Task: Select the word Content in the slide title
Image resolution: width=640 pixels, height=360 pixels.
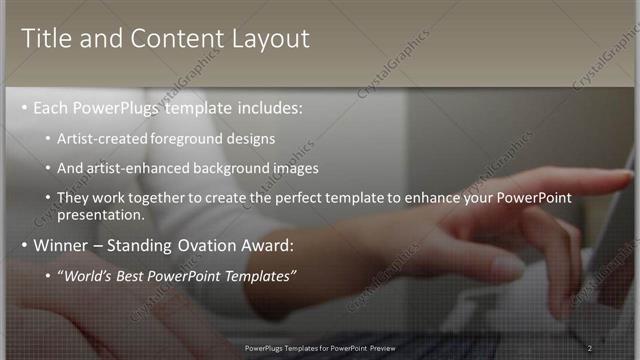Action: click(171, 39)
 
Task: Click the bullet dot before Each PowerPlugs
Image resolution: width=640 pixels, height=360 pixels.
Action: click(25, 107)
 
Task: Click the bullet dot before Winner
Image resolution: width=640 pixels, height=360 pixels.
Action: click(25, 244)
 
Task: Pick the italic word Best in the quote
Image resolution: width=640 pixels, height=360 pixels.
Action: click(129, 275)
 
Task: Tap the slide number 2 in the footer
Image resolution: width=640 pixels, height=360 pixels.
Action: click(590, 347)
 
